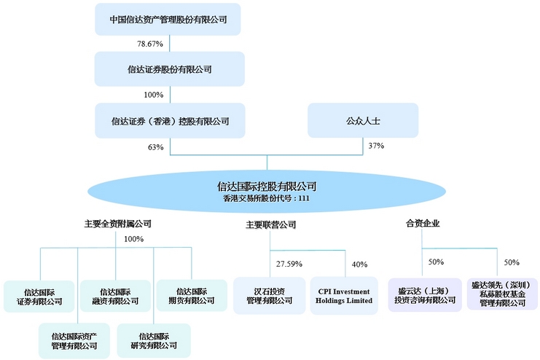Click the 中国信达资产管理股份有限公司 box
[x=169, y=20]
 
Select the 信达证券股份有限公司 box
[x=169, y=69]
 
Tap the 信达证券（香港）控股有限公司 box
[x=169, y=120]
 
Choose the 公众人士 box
[x=362, y=120]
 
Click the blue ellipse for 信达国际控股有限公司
[x=267, y=192]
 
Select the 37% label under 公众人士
[x=376, y=146]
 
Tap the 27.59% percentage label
[x=289, y=264]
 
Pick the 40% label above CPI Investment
[x=360, y=264]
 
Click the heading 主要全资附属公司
[x=117, y=224]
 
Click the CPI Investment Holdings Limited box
[x=345, y=295]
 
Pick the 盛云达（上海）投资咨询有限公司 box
[x=425, y=295]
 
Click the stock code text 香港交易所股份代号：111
[x=267, y=198]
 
